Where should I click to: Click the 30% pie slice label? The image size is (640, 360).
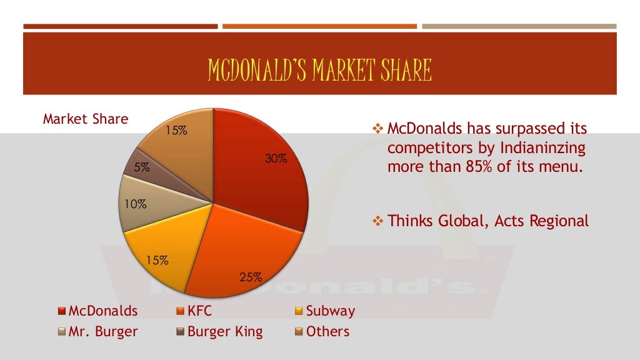(276, 159)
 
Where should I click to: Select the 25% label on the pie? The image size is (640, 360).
(251, 277)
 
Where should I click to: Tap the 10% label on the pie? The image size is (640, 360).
(135, 204)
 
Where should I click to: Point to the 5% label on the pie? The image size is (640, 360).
(141, 167)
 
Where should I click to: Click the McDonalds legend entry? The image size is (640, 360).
(98, 311)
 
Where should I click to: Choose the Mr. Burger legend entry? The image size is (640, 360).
(98, 331)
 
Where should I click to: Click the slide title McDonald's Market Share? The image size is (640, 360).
(320, 71)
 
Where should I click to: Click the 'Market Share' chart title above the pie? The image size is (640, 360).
(85, 119)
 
